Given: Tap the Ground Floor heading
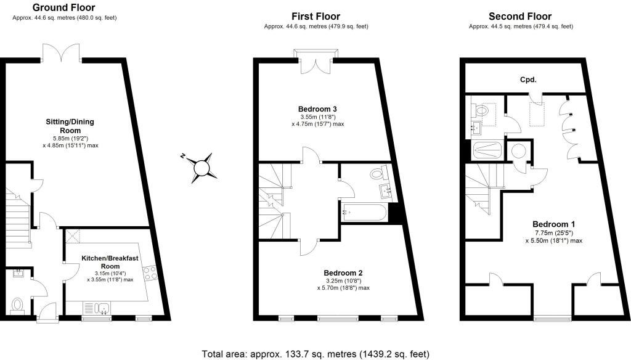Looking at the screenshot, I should tap(64, 7).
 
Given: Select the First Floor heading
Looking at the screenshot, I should tap(315, 16).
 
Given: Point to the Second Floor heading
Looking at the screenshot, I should tap(520, 16).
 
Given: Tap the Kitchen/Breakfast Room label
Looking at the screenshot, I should tap(108, 262).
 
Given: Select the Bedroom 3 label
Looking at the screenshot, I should tap(318, 108).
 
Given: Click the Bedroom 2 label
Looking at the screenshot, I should tap(343, 272).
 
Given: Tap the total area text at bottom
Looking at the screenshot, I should tap(315, 354).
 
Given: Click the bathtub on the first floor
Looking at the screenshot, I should tap(364, 214).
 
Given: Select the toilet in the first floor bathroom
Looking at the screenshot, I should tap(378, 173).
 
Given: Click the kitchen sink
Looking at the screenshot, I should tap(101, 308).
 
